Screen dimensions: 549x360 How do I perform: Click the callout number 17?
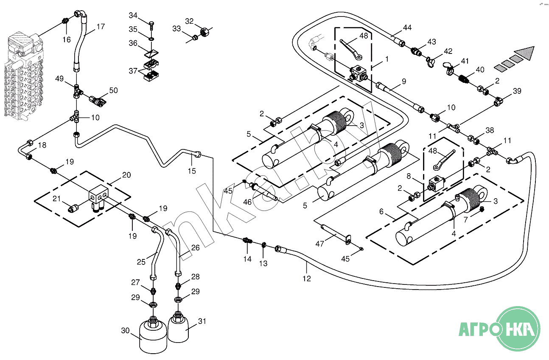tap(101, 26)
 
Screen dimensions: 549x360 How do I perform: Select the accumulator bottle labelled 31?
tap(178, 327)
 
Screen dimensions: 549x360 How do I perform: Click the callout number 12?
tap(307, 278)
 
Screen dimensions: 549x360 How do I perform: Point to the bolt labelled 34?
tap(151, 25)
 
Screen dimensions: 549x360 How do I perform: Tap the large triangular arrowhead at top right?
tap(525, 53)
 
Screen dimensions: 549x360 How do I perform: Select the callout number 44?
tap(407, 28)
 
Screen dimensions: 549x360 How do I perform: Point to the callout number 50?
tap(113, 90)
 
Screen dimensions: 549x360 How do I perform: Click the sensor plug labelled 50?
tap(97, 100)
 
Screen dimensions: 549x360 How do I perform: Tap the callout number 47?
tap(319, 244)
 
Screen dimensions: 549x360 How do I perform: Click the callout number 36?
tap(133, 43)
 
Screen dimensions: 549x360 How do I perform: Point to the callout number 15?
tap(192, 171)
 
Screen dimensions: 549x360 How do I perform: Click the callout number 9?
tap(404, 81)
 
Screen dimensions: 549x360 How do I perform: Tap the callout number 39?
tap(517, 91)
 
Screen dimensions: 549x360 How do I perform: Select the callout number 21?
tap(56, 198)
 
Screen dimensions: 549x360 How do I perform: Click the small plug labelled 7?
tap(482, 209)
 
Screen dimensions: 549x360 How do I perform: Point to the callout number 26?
tap(195, 247)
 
